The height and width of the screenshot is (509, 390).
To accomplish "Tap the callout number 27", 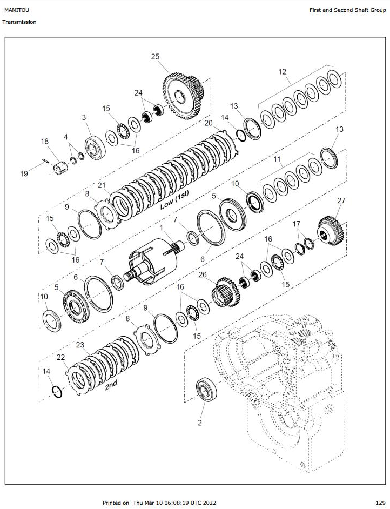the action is [x=341, y=200].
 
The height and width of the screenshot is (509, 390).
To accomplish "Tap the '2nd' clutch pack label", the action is [x=111, y=385].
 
